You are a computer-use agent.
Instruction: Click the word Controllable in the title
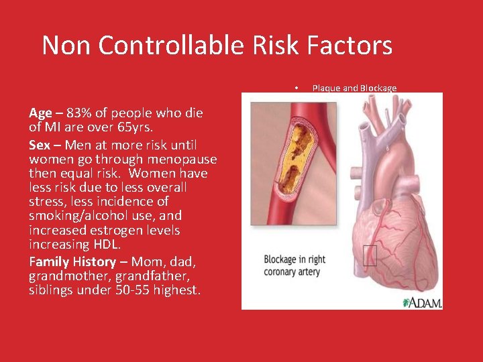(x=175, y=46)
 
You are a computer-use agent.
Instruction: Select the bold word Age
(x=41, y=113)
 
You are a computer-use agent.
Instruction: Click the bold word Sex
(x=40, y=145)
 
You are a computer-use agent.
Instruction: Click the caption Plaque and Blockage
(x=354, y=88)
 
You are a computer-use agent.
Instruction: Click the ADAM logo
(x=422, y=302)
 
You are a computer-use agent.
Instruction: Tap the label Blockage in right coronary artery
(x=294, y=265)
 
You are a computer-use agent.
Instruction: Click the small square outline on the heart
(x=370, y=255)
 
